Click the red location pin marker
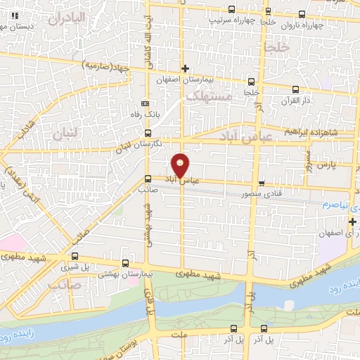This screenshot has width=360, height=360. click(181, 166)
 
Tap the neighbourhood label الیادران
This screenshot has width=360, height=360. click(68, 15)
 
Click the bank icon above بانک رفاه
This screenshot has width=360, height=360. click(146, 102)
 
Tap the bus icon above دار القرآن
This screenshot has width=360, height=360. click(295, 89)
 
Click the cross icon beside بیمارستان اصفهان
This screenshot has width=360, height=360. click(185, 68)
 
